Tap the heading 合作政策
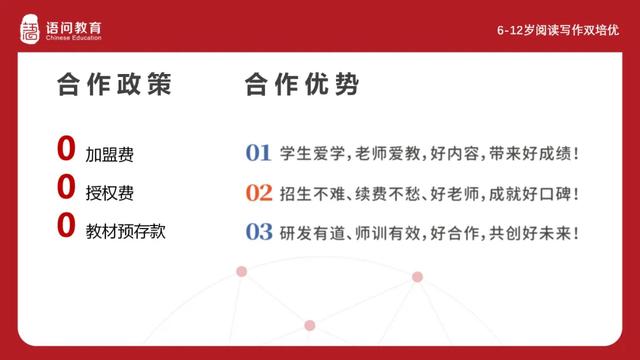coord(114,85)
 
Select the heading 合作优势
coord(301,85)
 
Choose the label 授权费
coord(109,192)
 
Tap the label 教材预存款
coord(125,230)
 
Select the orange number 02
coord(259,192)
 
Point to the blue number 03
coord(259,231)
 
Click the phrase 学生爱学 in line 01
coord(312,154)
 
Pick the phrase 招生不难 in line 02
coord(312,192)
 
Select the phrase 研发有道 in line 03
coord(312,231)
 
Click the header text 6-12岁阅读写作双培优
coord(558,30)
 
